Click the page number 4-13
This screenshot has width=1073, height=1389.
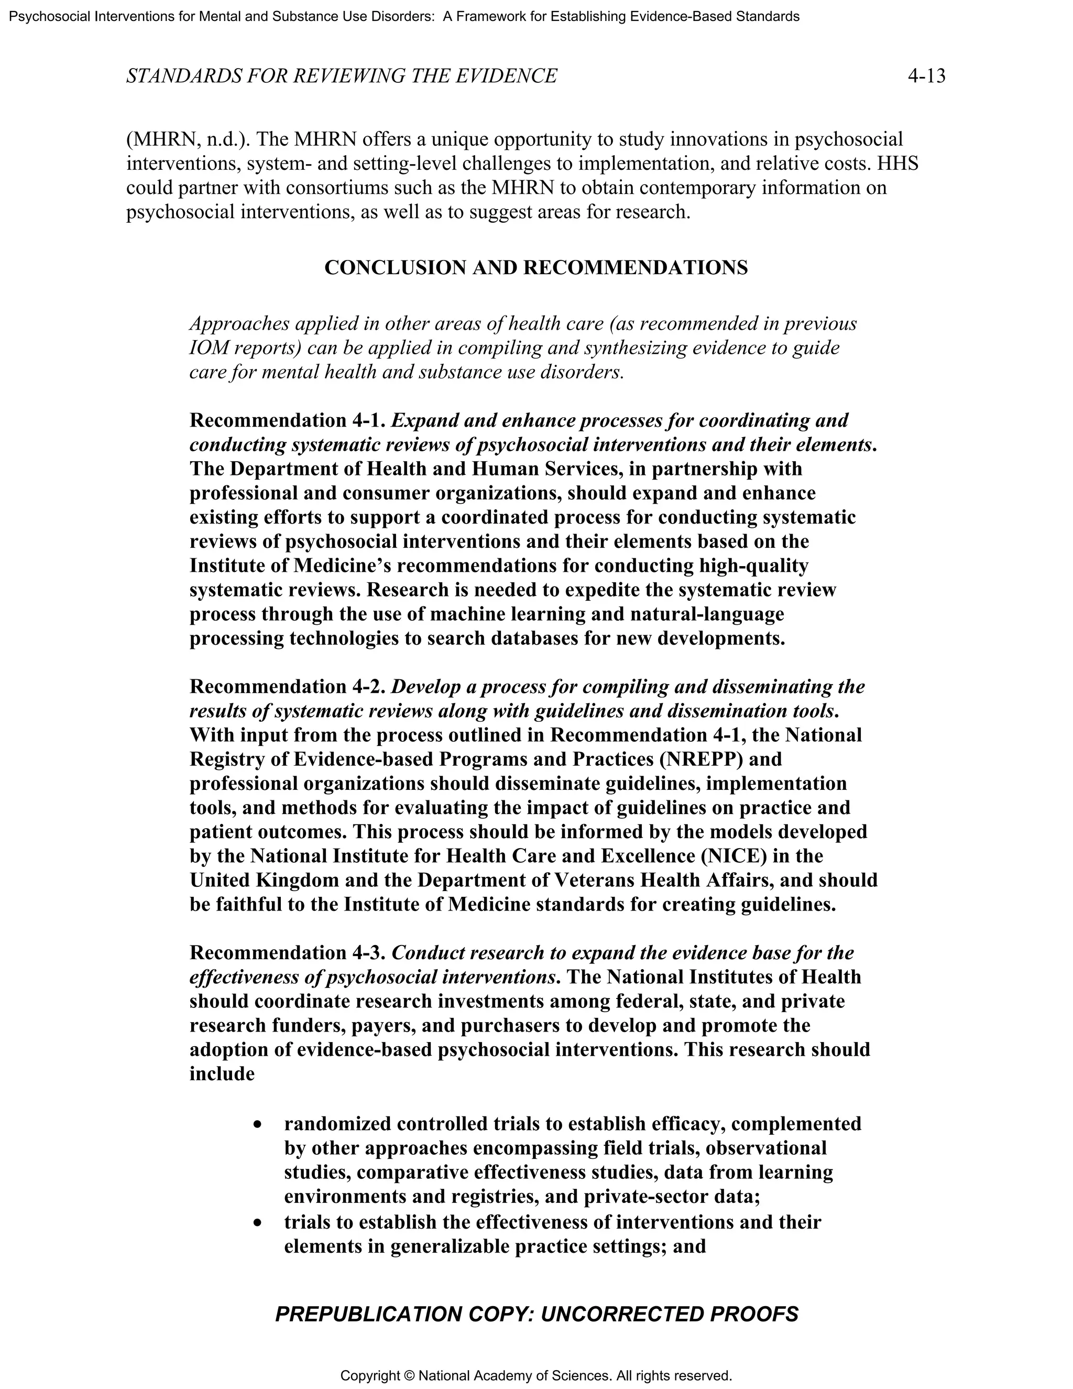pos(926,77)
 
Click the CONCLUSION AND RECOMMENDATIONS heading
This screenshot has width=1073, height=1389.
pos(536,268)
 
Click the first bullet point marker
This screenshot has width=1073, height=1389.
pos(257,1125)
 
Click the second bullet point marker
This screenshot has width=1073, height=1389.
pos(257,1223)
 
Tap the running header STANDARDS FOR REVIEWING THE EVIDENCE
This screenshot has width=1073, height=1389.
pos(342,77)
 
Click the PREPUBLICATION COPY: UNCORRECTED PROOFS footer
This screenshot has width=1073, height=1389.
pos(536,1314)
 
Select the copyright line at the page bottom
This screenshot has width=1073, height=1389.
pos(536,1376)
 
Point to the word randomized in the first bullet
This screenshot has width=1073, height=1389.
pos(337,1124)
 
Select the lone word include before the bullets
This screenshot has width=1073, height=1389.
pos(222,1074)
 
